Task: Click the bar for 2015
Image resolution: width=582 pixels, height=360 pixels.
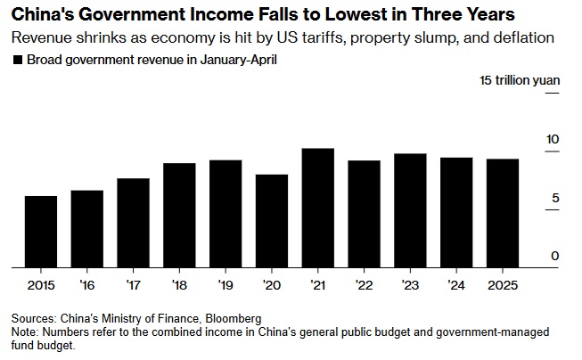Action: click(41, 231)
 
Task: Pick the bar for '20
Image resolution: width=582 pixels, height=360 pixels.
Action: click(272, 220)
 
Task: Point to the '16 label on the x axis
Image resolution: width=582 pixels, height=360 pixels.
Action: click(86, 285)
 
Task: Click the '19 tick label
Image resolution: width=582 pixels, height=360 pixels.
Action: click(225, 285)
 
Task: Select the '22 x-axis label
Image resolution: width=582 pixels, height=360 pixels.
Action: click(364, 285)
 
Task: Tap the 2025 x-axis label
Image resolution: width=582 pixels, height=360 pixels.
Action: click(503, 285)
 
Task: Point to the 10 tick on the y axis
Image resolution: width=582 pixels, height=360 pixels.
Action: click(552, 140)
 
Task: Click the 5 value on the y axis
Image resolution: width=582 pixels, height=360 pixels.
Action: click(555, 198)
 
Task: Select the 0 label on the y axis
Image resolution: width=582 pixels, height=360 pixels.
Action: click(555, 257)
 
